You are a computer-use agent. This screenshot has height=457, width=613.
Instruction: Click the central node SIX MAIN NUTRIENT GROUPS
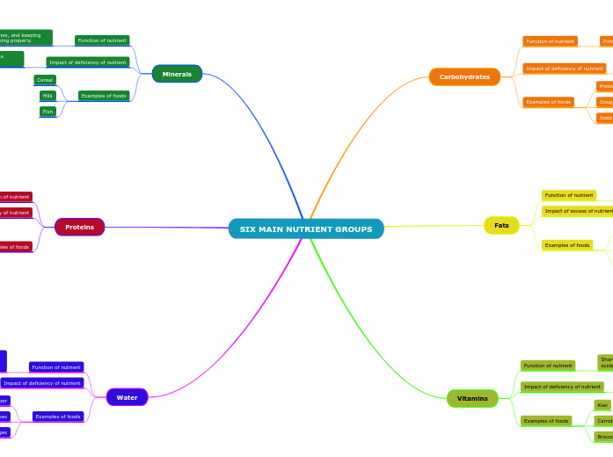[x=306, y=229]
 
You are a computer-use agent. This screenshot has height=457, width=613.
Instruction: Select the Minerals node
[x=177, y=74]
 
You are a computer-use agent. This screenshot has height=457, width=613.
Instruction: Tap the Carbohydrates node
[x=464, y=77]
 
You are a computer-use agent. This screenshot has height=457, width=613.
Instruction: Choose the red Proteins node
[x=79, y=227]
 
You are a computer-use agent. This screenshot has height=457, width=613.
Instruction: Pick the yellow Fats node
[x=501, y=226]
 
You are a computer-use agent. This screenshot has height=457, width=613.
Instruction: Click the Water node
[x=127, y=397]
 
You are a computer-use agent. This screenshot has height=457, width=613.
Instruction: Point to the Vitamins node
[x=472, y=399]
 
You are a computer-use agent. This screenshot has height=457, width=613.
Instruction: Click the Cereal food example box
[x=45, y=80]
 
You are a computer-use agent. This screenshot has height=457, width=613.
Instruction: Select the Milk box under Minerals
[x=47, y=96]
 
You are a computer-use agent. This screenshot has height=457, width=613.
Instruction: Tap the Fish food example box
[x=47, y=112]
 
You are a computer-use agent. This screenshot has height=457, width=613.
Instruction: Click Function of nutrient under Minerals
[x=102, y=40]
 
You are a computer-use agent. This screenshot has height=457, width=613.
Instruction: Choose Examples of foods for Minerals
[x=104, y=96]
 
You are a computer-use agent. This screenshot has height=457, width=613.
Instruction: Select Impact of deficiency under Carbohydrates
[x=565, y=69]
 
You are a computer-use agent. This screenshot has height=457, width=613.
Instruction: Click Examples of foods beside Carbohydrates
[x=549, y=102]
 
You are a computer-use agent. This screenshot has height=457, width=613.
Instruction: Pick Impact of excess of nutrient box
[x=578, y=211]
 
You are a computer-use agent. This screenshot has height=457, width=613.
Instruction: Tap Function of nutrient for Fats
[x=569, y=195]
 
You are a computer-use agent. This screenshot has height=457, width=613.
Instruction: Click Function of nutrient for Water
[x=56, y=367]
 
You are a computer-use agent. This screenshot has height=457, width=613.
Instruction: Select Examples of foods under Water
[x=58, y=417]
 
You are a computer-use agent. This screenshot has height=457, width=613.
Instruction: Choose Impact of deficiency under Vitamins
[x=562, y=387]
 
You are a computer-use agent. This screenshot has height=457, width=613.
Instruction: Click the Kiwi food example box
[x=602, y=405]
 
